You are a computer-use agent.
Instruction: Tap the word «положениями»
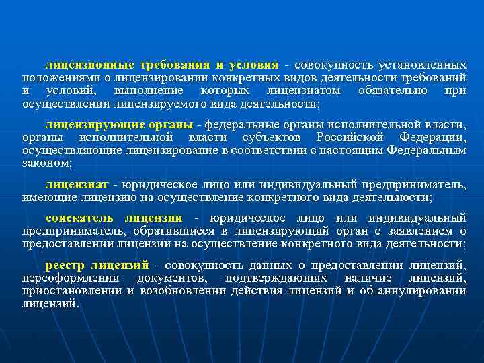[x=51, y=78]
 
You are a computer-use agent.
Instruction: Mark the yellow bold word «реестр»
[x=63, y=264]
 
